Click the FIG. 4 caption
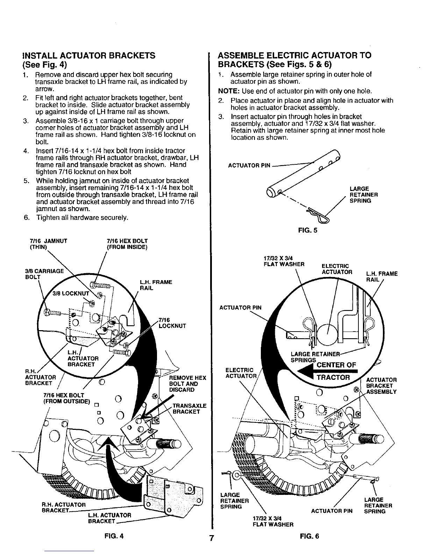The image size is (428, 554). click(114, 536)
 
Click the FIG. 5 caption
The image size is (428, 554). click(308, 230)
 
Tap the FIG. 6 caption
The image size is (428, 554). click(309, 536)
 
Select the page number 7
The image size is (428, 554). click(212, 538)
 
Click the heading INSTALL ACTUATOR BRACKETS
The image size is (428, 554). click(89, 56)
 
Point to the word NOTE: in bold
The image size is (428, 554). click(229, 91)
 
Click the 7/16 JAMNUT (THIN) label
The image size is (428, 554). click(49, 244)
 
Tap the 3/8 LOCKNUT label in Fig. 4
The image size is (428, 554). click(71, 293)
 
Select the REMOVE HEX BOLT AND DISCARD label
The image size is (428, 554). click(188, 384)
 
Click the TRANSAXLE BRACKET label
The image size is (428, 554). click(190, 409)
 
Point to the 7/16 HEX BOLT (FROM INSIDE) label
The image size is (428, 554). click(127, 244)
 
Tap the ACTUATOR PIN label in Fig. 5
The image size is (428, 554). click(249, 165)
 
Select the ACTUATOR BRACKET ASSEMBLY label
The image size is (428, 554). click(381, 386)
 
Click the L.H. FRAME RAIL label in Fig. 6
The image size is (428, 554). click(382, 277)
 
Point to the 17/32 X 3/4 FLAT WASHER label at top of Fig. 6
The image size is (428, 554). click(284, 261)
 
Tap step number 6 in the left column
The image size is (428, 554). click(27, 218)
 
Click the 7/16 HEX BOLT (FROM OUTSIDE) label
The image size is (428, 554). click(67, 398)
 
